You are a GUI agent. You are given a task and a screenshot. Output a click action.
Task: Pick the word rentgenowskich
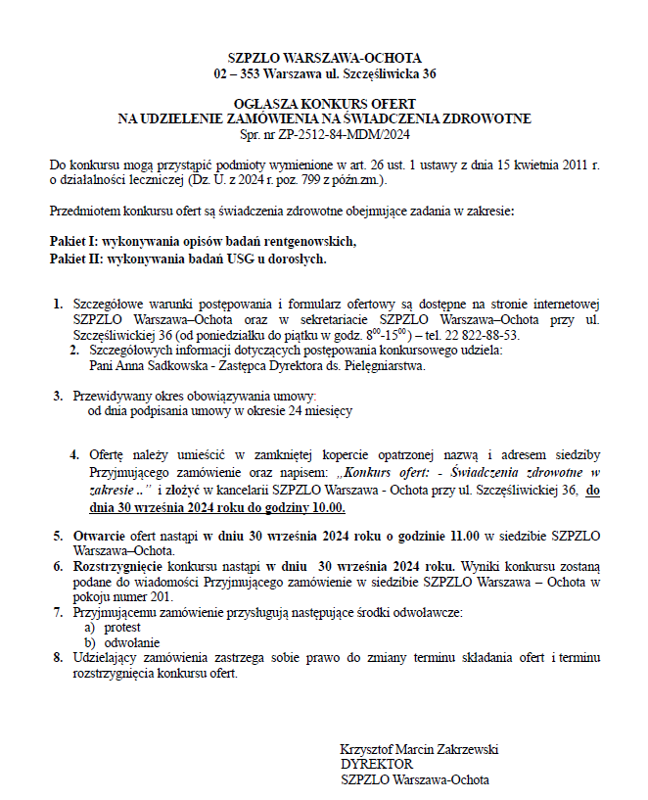point(310,241)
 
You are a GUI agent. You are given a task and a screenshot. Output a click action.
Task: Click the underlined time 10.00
point(327,509)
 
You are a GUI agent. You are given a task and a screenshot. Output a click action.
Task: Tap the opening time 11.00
point(459,536)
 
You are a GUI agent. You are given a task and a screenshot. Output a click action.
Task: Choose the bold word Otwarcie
point(99,536)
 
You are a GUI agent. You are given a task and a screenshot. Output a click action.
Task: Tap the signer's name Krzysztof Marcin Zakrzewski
point(419,749)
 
